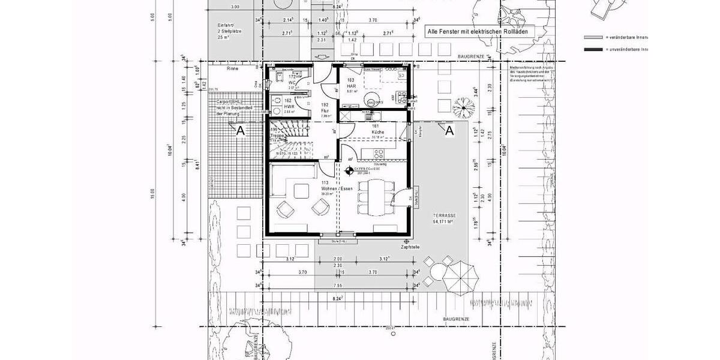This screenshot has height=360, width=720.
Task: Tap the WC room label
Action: coord(293,82)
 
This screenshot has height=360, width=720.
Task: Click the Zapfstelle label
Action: coord(410,247)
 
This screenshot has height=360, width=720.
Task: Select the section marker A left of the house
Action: coord(240,130)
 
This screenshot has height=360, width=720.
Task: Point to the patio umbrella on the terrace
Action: coord(459,277)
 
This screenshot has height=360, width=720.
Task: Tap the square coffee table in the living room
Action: coord(301,193)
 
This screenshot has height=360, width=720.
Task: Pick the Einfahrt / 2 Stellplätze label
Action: coord(229,31)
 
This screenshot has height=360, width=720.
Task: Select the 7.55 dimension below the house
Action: coord(337,286)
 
